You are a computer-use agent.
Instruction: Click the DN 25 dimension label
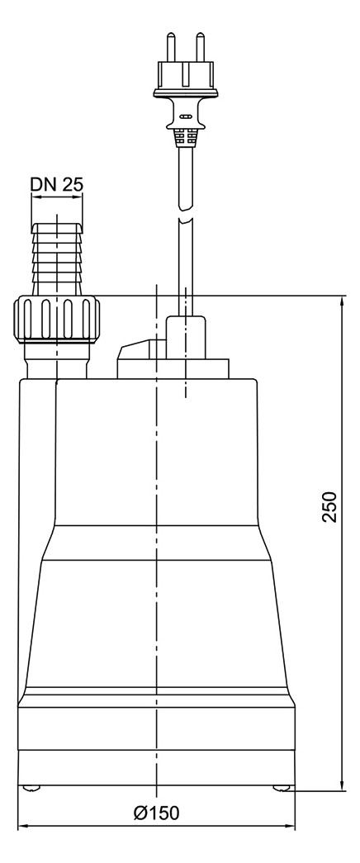click(57, 184)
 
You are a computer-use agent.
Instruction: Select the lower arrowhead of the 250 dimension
click(341, 784)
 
